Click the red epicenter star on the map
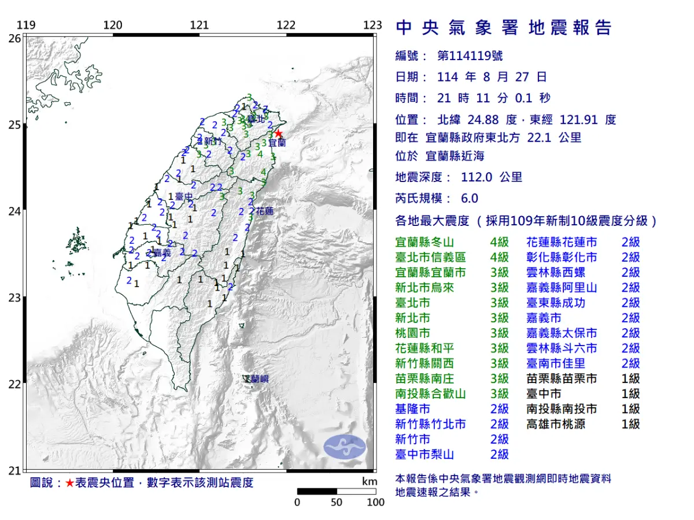(x=279, y=133)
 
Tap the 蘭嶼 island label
(x=258, y=380)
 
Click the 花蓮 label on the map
(x=264, y=211)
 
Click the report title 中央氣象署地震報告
(x=503, y=28)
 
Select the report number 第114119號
(x=470, y=56)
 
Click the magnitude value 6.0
(x=470, y=198)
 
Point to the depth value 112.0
(x=477, y=177)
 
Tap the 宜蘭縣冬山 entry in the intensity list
(x=430, y=242)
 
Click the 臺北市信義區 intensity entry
(x=430, y=257)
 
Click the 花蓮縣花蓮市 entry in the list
(x=562, y=242)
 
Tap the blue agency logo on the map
(x=345, y=447)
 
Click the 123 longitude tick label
(x=373, y=25)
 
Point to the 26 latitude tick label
(x=14, y=38)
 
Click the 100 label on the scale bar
(x=375, y=502)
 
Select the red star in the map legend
(x=69, y=483)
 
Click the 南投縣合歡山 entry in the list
(x=430, y=394)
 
